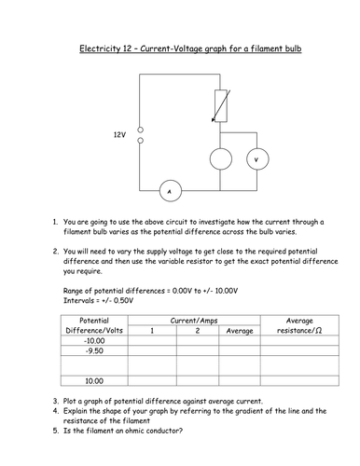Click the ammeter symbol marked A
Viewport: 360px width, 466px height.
pos(170,192)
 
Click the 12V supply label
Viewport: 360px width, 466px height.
pos(118,134)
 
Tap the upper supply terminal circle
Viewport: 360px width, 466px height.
pos(140,129)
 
